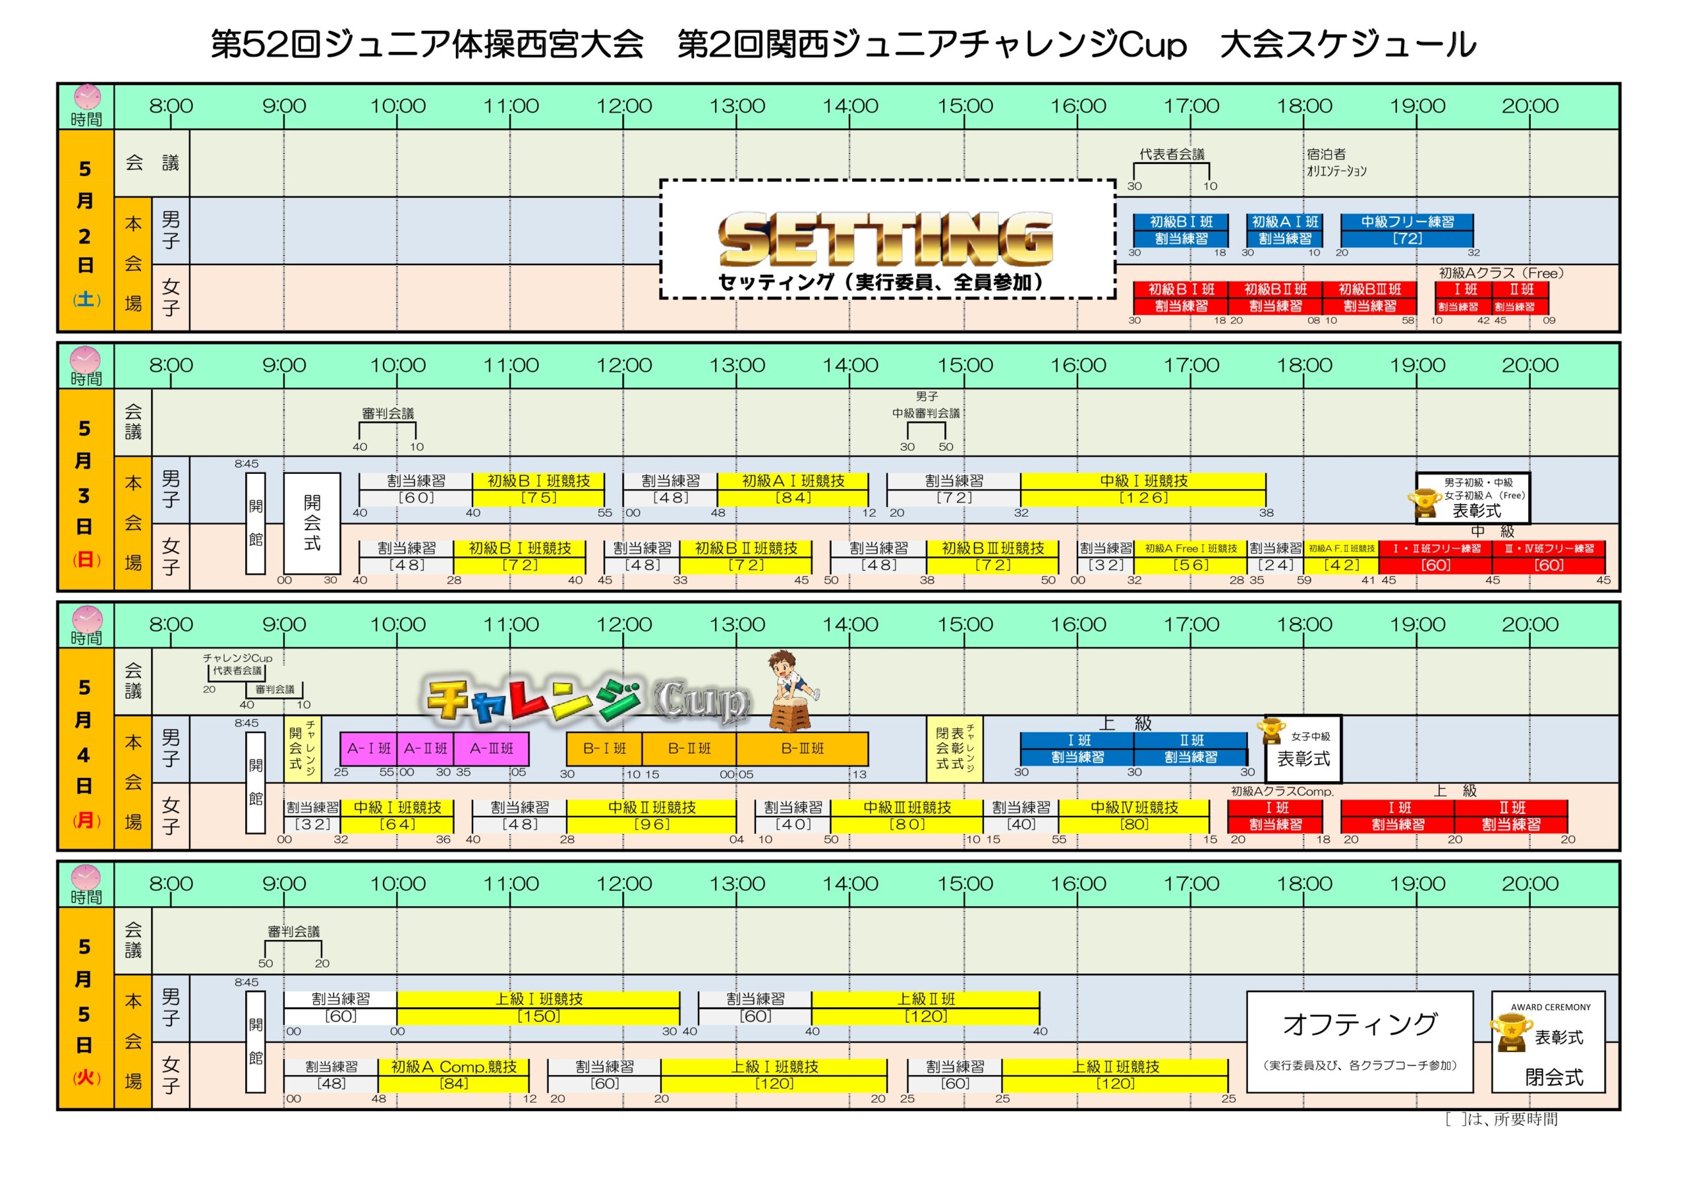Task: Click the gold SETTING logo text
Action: pyautogui.click(x=886, y=238)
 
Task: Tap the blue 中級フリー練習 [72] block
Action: pyautogui.click(x=1406, y=230)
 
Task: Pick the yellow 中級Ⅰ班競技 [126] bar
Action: pyautogui.click(x=1143, y=489)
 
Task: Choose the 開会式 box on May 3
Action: pyautogui.click(x=312, y=523)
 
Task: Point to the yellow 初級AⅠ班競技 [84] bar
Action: pyautogui.click(x=792, y=489)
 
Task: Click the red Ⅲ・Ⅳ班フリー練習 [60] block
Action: pyautogui.click(x=1548, y=557)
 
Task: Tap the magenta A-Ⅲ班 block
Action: pyautogui.click(x=491, y=748)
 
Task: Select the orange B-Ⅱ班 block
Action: pyautogui.click(x=689, y=748)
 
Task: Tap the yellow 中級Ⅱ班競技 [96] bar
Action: pyautogui.click(x=651, y=816)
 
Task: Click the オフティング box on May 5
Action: pyautogui.click(x=1359, y=1041)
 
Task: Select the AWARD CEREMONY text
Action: pyautogui.click(x=1551, y=1007)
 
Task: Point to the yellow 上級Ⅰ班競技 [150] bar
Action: pyautogui.click(x=538, y=1008)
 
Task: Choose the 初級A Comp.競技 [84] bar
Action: pyautogui.click(x=453, y=1074)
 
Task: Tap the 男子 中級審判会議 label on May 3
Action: pyautogui.click(x=926, y=405)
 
